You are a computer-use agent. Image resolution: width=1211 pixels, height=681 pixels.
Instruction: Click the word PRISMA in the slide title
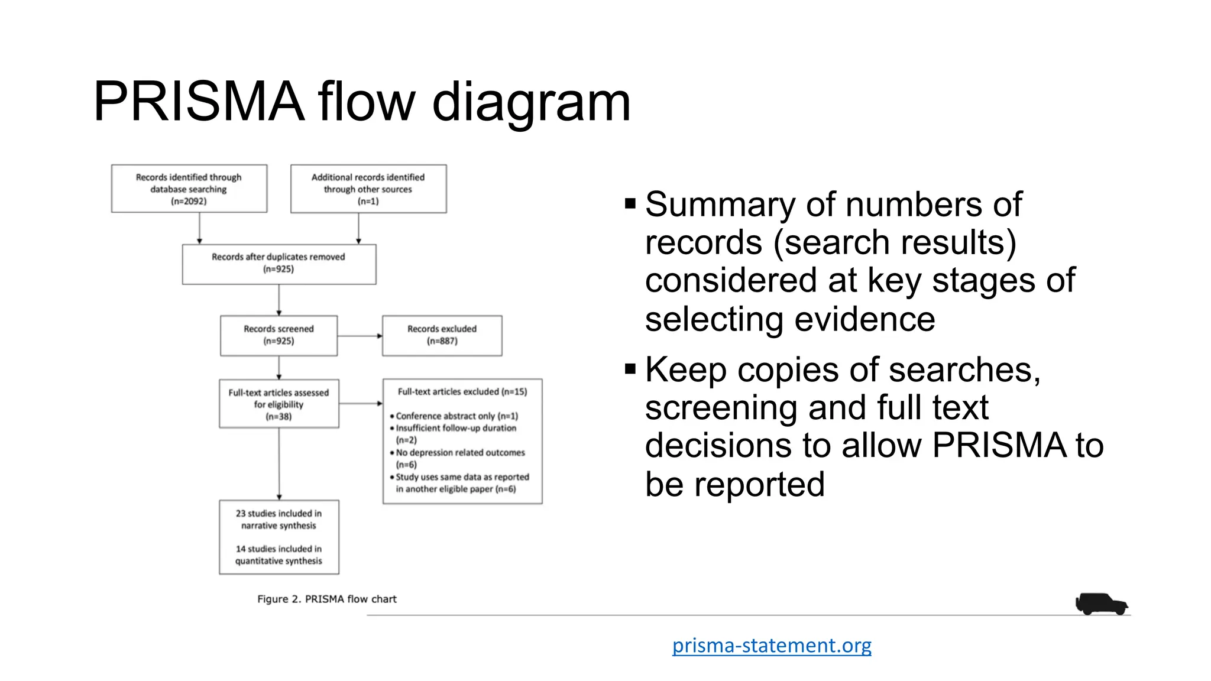click(199, 102)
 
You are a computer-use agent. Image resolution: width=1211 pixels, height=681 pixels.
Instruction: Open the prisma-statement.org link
click(772, 645)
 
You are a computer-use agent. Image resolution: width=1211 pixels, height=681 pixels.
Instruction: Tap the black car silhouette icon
click(1101, 604)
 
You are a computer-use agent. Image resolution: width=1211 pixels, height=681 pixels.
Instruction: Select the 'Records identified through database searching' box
click(189, 189)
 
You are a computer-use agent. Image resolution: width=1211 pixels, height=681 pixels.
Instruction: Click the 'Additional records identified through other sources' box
click(368, 189)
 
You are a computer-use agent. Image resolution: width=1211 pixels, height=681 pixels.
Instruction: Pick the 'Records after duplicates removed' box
click(279, 264)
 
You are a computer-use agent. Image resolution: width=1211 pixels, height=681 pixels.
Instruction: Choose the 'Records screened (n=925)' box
click(279, 335)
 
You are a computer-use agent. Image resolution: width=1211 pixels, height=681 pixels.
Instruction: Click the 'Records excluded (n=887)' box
click(442, 335)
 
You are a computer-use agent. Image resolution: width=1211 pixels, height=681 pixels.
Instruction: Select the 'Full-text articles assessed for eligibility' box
click(279, 404)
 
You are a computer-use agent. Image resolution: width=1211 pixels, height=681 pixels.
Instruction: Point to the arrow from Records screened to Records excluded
click(360, 336)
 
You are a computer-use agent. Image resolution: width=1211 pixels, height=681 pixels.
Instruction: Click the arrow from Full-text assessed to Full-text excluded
click(361, 404)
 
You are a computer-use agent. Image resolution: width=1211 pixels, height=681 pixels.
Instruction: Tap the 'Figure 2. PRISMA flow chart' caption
click(326, 599)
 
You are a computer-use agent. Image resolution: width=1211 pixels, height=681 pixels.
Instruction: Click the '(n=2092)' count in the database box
click(189, 202)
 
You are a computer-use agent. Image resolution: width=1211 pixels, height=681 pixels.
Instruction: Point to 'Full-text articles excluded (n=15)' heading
click(462, 391)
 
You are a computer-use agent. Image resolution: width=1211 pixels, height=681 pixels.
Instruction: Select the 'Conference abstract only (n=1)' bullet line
click(456, 416)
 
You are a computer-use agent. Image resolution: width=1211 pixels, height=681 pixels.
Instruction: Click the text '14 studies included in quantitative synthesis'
click(279, 555)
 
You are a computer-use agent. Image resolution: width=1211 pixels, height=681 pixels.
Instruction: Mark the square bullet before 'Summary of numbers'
click(630, 205)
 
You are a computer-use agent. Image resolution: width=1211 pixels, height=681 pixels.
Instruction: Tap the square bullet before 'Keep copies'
click(630, 370)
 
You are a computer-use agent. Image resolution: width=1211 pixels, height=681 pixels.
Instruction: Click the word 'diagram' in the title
click(531, 102)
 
